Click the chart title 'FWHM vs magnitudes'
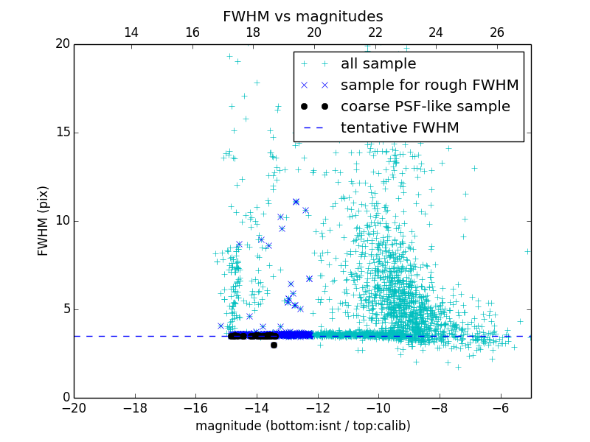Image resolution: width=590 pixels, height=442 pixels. click(x=302, y=16)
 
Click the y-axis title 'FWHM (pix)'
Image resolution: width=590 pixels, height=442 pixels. click(x=43, y=221)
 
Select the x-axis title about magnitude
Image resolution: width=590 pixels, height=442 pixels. click(x=302, y=426)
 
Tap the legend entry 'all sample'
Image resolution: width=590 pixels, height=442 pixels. click(x=378, y=64)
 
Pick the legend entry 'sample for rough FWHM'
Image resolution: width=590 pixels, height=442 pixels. click(x=429, y=85)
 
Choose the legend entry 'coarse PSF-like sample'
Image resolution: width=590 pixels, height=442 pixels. click(x=425, y=106)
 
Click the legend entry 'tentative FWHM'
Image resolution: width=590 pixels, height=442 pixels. click(x=400, y=127)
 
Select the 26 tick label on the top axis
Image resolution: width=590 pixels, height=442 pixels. click(x=497, y=32)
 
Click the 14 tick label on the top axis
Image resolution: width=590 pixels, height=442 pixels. click(x=131, y=32)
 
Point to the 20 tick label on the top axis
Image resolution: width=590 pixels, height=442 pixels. click(x=314, y=32)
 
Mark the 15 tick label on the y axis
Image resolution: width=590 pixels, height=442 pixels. click(x=61, y=133)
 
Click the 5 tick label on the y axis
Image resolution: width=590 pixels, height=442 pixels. click(x=65, y=309)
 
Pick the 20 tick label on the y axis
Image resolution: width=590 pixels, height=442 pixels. click(x=61, y=44)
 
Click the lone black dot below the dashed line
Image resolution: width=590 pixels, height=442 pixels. click(x=274, y=345)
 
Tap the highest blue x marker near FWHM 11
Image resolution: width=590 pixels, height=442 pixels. click(x=296, y=201)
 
